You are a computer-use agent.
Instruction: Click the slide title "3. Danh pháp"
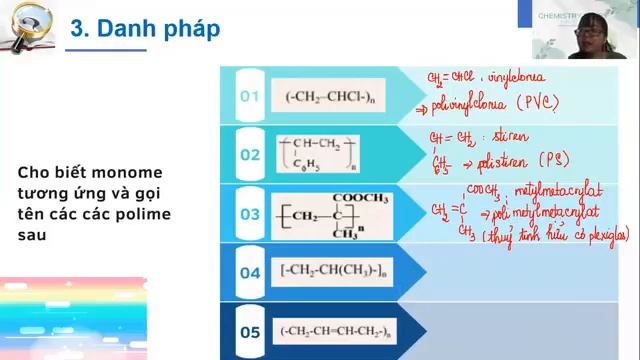click(x=145, y=29)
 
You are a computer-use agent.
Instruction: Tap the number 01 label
click(x=249, y=96)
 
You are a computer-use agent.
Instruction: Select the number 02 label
click(x=249, y=154)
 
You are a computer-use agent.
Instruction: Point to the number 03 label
click(x=249, y=213)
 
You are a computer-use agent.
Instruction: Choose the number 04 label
click(x=249, y=271)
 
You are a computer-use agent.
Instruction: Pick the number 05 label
click(x=249, y=330)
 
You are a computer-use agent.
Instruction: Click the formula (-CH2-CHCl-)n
click(x=329, y=96)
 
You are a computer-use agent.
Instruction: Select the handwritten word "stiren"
click(x=511, y=135)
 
